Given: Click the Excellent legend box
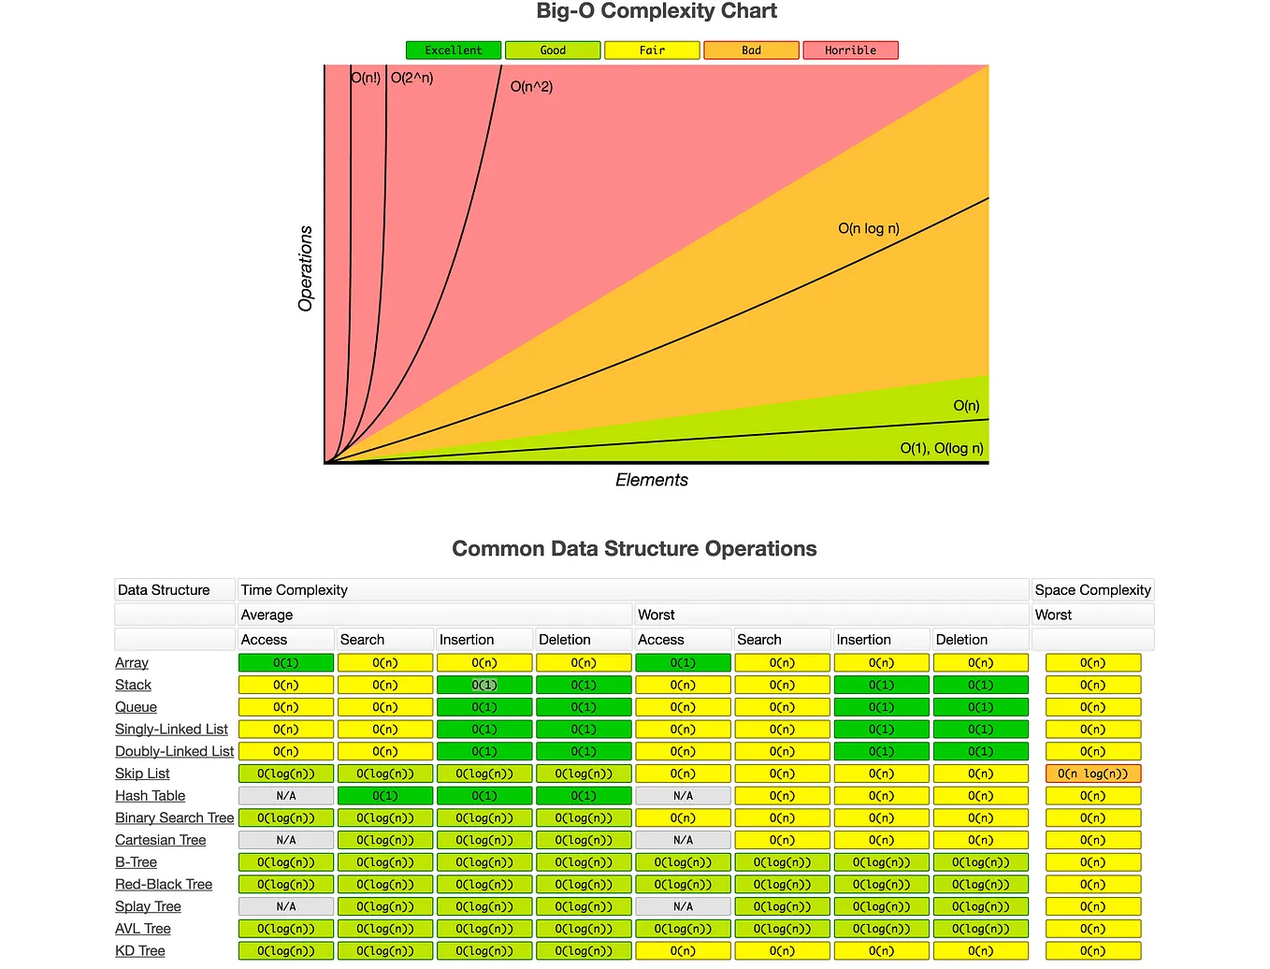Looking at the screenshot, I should pos(454,51).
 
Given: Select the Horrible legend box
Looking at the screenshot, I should pos(850,51).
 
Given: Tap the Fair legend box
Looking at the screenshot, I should pos(652,51).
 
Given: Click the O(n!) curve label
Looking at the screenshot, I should pos(366,78).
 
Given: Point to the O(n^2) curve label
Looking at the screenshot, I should pos(531,87).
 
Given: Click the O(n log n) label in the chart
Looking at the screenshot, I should pos(868,228).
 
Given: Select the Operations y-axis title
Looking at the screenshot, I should pos(306,268).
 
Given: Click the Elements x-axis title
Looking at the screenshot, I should pos(651,480).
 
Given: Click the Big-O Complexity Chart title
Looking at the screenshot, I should pos(657,12).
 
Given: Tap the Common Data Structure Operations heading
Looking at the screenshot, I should pos(634,549).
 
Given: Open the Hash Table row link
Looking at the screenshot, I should pos(150,796).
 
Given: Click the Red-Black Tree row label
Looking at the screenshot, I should pos(164,885).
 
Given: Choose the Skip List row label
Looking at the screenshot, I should pos(142,774).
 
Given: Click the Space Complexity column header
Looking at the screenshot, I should pos(1092,590).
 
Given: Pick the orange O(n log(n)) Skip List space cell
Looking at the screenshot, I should pos(1092,774).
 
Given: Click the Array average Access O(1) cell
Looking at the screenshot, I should pos(286,663).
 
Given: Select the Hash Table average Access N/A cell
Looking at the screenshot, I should pos(286,796).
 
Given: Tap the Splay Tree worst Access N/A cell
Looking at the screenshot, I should pos(683,907).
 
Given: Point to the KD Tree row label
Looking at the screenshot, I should pos(140,951).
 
